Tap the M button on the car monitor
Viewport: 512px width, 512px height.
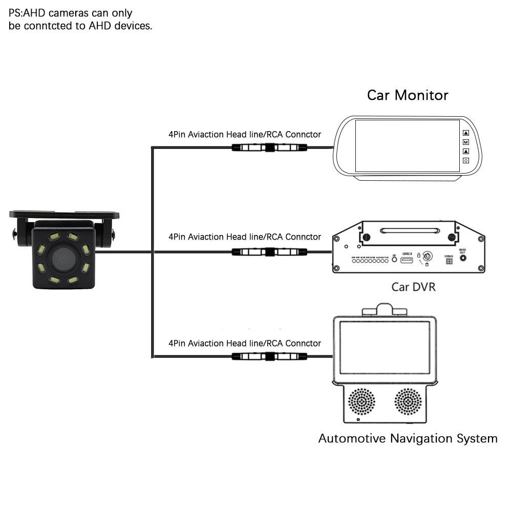(466, 142)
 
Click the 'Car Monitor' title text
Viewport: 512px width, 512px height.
(408, 95)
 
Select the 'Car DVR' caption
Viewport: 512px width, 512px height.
(413, 287)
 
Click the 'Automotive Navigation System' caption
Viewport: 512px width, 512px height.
(408, 439)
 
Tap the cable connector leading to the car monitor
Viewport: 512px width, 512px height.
(269, 148)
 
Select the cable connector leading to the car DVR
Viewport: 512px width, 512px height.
(269, 251)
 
